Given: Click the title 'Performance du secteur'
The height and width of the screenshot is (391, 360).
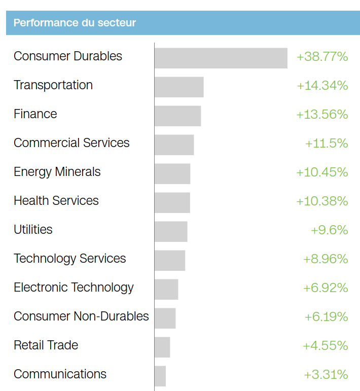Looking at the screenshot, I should pyautogui.click(x=75, y=23).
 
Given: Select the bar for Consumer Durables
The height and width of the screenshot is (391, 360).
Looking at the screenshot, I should pyautogui.click(x=221, y=58).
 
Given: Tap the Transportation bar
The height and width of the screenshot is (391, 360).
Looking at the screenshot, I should pyautogui.click(x=179, y=87).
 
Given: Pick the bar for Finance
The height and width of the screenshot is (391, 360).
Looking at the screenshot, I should pyautogui.click(x=177, y=116).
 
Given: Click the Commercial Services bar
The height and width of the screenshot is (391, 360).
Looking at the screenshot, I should pyautogui.click(x=174, y=145).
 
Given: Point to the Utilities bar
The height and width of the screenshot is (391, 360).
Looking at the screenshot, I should pyautogui.click(x=171, y=231).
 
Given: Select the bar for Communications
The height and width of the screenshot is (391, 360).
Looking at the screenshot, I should pyautogui.click(x=160, y=376).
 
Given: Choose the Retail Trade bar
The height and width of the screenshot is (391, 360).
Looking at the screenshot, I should pyautogui.click(x=162, y=347).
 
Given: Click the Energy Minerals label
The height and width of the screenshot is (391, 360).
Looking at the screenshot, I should pyautogui.click(x=57, y=172).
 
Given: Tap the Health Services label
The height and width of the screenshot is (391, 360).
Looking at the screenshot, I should pyautogui.click(x=56, y=201).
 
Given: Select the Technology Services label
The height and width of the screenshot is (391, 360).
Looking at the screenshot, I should pyautogui.click(x=70, y=259).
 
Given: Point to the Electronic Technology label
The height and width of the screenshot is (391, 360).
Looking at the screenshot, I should pyautogui.click(x=74, y=288).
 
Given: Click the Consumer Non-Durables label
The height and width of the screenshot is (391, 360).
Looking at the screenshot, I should pyautogui.click(x=81, y=316).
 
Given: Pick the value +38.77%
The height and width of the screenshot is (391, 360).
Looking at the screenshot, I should pyautogui.click(x=322, y=57).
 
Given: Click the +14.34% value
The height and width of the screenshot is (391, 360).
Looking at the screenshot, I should pyautogui.click(x=322, y=86).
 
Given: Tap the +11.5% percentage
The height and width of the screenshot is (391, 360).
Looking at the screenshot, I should pyautogui.click(x=327, y=144).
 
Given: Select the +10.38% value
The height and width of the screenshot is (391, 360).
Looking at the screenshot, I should pyautogui.click(x=322, y=201).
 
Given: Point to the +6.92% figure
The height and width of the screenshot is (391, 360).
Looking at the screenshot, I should pyautogui.click(x=326, y=288).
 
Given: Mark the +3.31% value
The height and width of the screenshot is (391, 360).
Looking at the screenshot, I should pyautogui.click(x=326, y=375).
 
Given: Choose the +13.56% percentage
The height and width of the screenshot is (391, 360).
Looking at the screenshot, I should pyautogui.click(x=322, y=115).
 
